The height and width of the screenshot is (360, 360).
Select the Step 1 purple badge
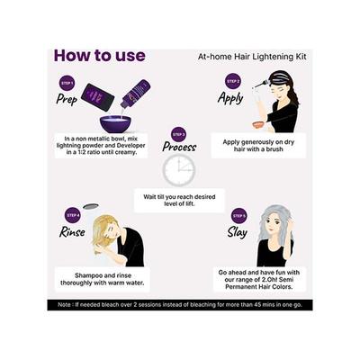coord(66,83)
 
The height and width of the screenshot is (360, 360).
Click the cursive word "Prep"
coord(66,99)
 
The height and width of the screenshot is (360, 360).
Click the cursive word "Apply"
coord(231,98)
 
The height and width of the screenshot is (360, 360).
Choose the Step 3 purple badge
coord(179,133)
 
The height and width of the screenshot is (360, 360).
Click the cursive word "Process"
coord(179,147)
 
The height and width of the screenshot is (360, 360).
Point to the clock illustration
coord(179,169)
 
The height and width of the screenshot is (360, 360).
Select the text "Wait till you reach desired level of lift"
coord(178,199)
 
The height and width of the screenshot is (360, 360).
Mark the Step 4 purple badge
coord(73,215)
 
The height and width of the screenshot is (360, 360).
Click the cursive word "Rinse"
coord(73,232)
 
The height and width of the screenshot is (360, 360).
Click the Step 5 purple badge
coord(238,215)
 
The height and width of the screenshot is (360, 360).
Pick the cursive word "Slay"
coord(238,231)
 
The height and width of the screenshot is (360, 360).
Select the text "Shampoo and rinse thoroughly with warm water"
coord(100,282)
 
